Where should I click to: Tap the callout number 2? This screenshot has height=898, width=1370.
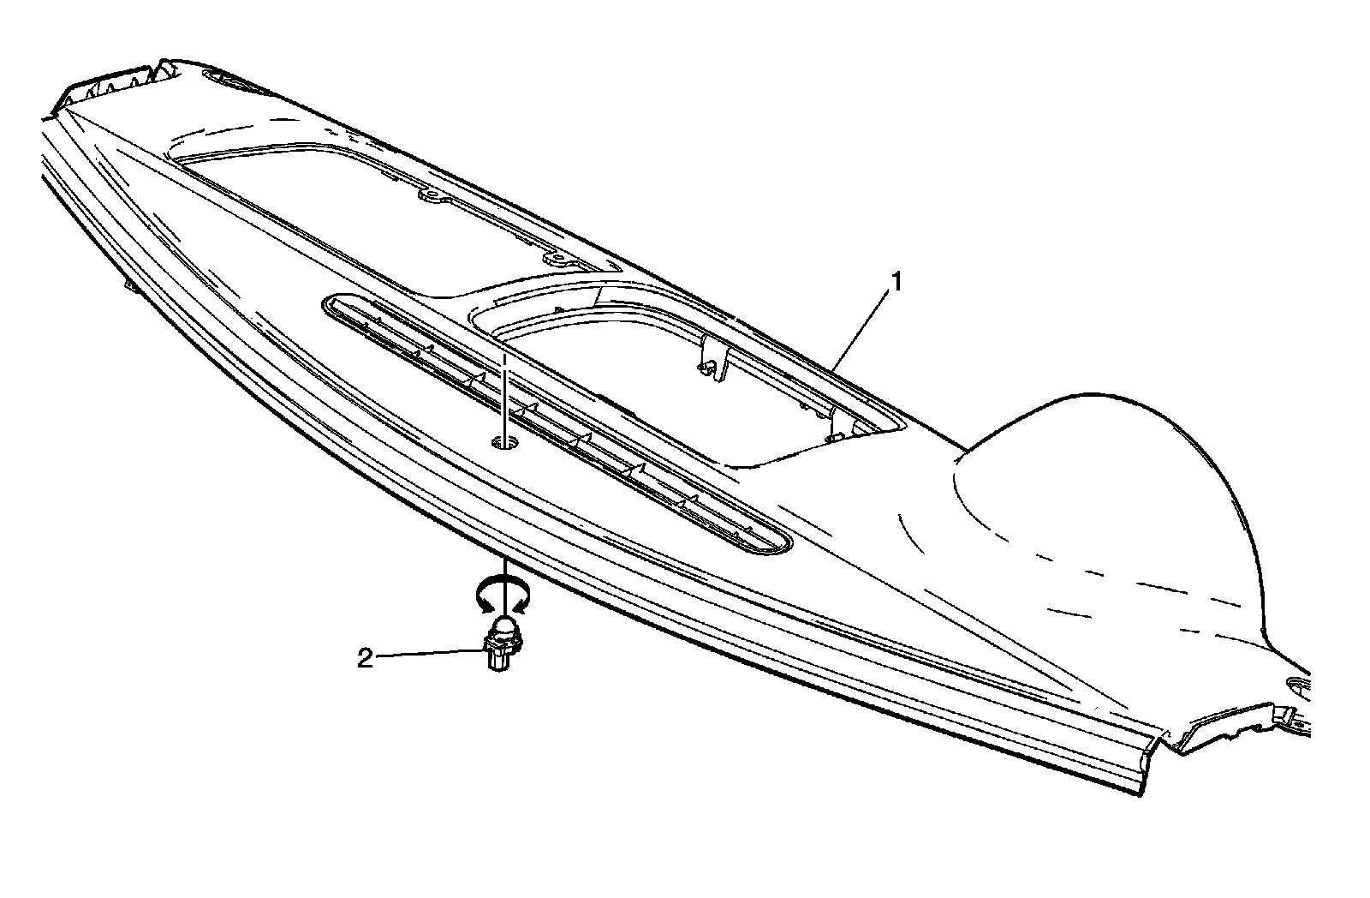[x=365, y=659]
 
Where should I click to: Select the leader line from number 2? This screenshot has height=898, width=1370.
[x=428, y=656]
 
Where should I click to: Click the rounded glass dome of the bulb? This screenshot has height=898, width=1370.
[x=505, y=628]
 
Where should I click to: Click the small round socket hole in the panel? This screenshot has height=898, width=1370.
[x=506, y=442]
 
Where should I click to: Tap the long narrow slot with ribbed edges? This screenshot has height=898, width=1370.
[x=557, y=424]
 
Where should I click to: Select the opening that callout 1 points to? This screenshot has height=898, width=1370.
[x=685, y=377]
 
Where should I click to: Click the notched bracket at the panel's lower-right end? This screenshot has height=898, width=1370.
[x=1233, y=724]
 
